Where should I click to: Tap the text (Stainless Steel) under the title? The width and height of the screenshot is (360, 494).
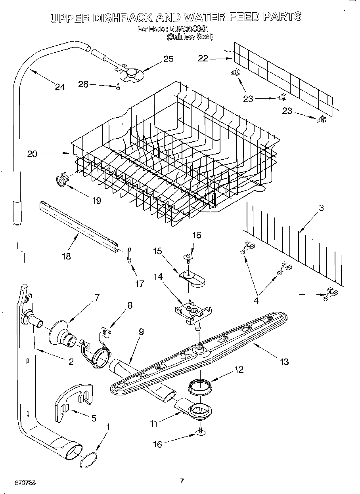[x=190, y=36]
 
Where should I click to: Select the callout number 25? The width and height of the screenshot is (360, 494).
[x=169, y=59]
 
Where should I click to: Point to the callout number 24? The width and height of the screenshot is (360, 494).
[x=59, y=87]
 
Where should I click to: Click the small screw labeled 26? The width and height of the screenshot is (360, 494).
[x=118, y=88]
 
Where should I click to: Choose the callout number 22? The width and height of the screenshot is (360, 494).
[x=203, y=58]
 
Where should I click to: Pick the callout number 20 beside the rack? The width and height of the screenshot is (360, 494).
[x=32, y=154]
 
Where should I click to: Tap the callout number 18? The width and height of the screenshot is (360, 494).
[x=66, y=256]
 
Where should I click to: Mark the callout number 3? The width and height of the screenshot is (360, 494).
[x=321, y=208]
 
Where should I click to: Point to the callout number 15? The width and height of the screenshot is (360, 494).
[x=158, y=251]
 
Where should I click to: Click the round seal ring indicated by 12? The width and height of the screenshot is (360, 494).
[x=200, y=385]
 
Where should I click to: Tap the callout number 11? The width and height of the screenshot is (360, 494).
[x=154, y=424]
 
